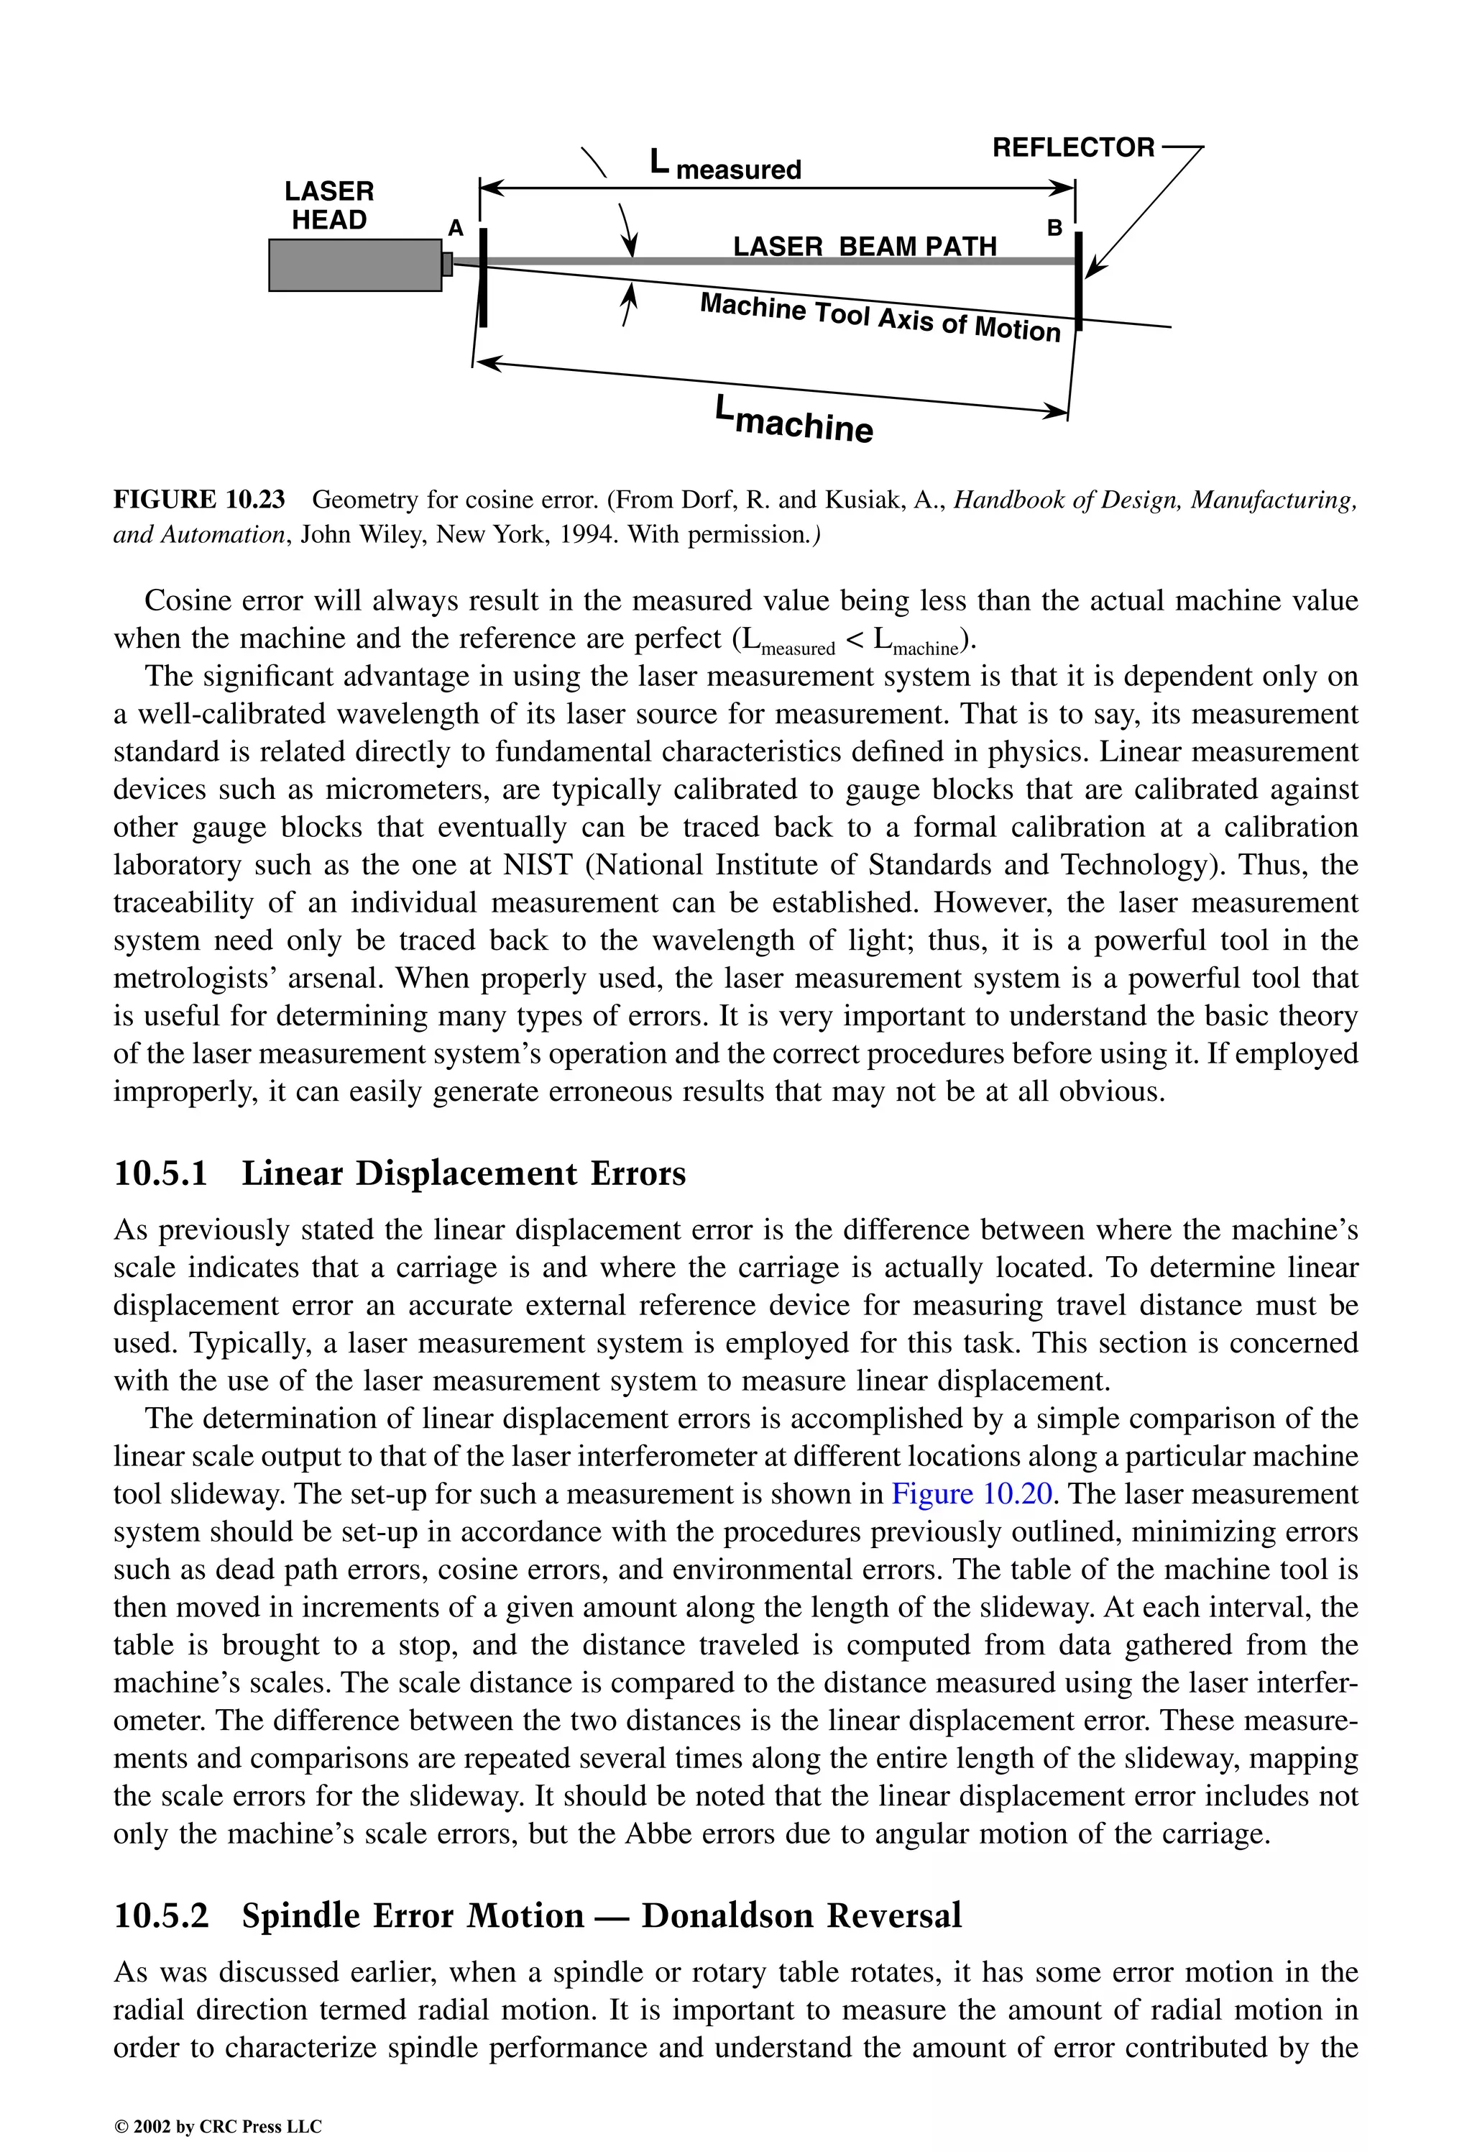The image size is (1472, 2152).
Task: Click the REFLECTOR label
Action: [1073, 148]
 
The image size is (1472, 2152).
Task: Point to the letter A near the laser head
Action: [456, 228]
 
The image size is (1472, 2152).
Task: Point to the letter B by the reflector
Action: [1054, 227]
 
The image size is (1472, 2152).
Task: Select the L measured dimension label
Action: [725, 166]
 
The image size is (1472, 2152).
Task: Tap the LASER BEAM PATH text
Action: [865, 247]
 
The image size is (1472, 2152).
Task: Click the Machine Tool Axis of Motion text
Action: [880, 318]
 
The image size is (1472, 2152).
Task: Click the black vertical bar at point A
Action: [483, 278]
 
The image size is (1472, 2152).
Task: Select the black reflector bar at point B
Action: [1079, 278]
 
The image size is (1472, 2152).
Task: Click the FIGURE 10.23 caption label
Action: [199, 500]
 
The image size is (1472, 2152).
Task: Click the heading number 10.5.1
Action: [160, 1173]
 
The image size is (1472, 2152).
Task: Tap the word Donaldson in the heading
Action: [730, 1915]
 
